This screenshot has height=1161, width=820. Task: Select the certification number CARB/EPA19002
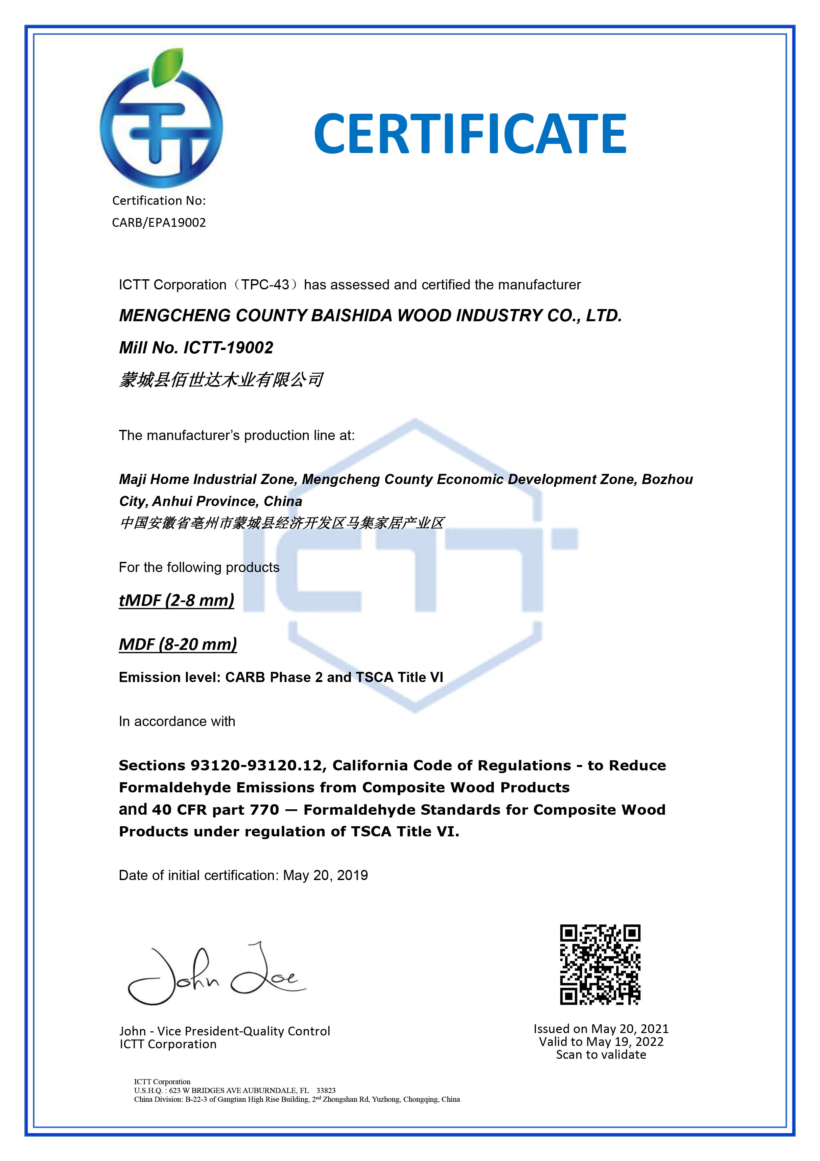pyautogui.click(x=159, y=222)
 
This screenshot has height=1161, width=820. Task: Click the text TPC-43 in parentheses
pyautogui.click(x=265, y=285)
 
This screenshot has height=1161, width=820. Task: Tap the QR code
pyautogui.click(x=600, y=964)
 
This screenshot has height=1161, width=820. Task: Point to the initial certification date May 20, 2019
pyautogui.click(x=325, y=875)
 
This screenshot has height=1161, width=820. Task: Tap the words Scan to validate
pyautogui.click(x=601, y=1055)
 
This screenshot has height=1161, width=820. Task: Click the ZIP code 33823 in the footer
pyautogui.click(x=326, y=1090)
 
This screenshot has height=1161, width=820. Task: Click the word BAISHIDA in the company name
pyautogui.click(x=352, y=315)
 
